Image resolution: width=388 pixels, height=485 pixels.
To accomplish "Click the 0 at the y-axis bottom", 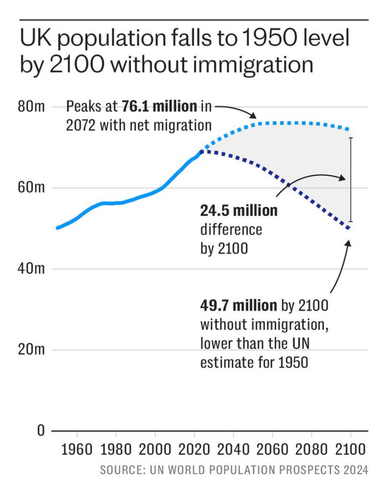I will coord(40,431).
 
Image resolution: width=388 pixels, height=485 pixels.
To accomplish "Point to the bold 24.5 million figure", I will coord(239,211).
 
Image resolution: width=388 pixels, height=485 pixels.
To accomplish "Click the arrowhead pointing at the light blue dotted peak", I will coord(254,116).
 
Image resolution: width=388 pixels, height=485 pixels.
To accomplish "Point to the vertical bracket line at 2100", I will coord(351,180).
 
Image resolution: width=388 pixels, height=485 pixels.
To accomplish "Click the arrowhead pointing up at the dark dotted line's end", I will coord(348,242).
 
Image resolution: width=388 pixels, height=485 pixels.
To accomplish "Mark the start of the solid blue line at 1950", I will coord(58,228).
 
